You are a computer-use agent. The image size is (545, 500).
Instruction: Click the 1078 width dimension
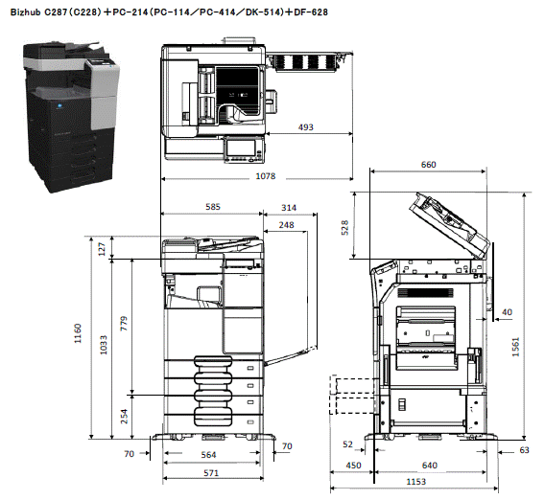tap(266, 176)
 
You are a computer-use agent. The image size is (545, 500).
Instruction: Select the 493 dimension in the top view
tap(306, 127)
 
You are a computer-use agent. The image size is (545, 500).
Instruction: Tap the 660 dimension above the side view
tap(429, 165)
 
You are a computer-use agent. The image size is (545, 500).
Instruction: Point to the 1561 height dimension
tap(515, 347)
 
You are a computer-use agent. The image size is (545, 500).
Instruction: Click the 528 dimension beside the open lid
tap(344, 228)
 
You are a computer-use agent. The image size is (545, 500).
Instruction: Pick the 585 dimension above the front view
tap(213, 207)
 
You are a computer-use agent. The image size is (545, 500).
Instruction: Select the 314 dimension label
tap(289, 208)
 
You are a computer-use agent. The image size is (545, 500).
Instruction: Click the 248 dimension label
tap(286, 225)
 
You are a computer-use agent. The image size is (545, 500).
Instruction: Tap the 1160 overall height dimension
tap(78, 333)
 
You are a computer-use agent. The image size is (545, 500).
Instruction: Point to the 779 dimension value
tap(124, 324)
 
